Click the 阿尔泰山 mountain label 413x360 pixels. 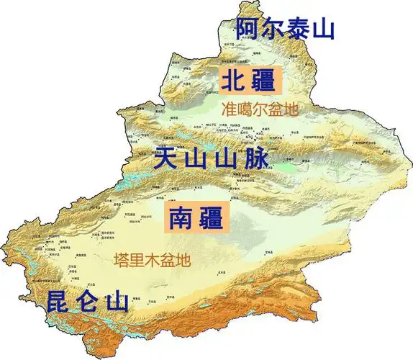click(286, 29)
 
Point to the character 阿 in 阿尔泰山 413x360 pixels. click(248, 29)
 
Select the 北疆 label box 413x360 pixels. click(248, 80)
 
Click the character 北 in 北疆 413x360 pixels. click(235, 80)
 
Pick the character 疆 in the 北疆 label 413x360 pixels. click(262, 80)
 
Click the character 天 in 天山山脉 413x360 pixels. click(166, 157)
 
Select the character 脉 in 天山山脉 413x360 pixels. click(255, 157)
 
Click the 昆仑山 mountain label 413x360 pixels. click(88, 301)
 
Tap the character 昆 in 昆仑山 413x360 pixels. click(59, 301)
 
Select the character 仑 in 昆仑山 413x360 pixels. click(89, 301)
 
